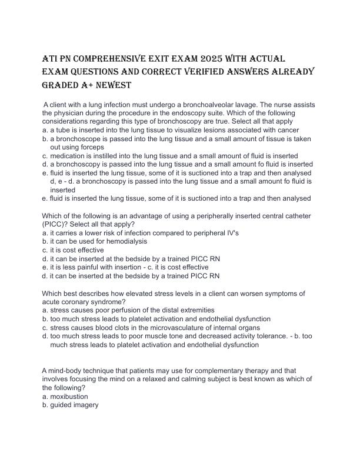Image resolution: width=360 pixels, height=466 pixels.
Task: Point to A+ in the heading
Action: [76, 85]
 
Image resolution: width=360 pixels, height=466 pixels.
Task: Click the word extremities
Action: [196, 310]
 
